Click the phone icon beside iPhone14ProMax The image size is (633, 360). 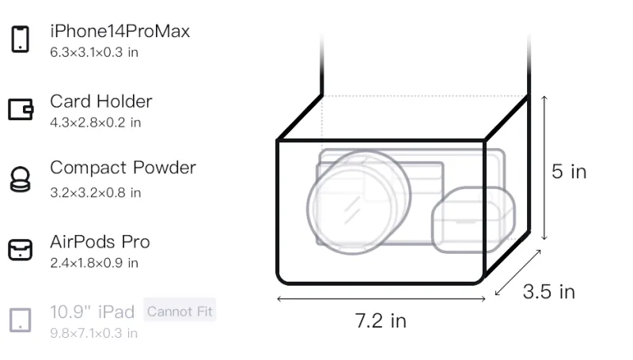[x=21, y=39]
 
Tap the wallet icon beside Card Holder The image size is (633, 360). [x=21, y=109]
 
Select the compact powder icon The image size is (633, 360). [x=21, y=179]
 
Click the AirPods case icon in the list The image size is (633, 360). [x=21, y=249]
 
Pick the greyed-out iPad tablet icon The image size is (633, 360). [x=21, y=320]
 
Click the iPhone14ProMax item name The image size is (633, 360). [x=120, y=31]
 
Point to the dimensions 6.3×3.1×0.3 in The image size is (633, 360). [x=94, y=52]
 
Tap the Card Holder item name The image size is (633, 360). [x=101, y=101]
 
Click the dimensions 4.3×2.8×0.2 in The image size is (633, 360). [x=95, y=123]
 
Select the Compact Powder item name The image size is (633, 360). [x=123, y=168]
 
